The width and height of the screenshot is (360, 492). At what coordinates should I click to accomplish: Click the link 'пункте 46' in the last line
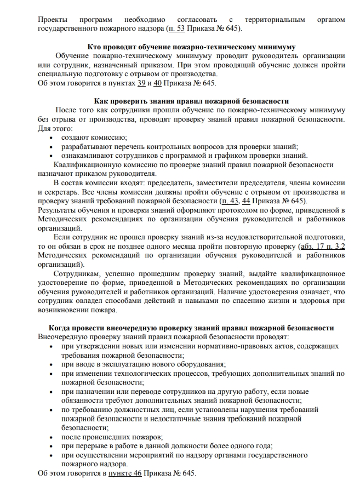125,472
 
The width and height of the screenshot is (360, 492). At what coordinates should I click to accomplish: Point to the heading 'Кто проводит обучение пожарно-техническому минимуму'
192,47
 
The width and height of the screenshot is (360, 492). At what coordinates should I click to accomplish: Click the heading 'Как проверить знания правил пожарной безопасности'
191,101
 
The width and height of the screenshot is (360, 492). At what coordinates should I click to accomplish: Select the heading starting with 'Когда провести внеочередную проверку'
191,328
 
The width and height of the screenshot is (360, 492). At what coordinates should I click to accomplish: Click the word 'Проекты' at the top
53,19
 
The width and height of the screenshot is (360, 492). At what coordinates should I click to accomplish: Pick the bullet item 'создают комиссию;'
94,138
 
